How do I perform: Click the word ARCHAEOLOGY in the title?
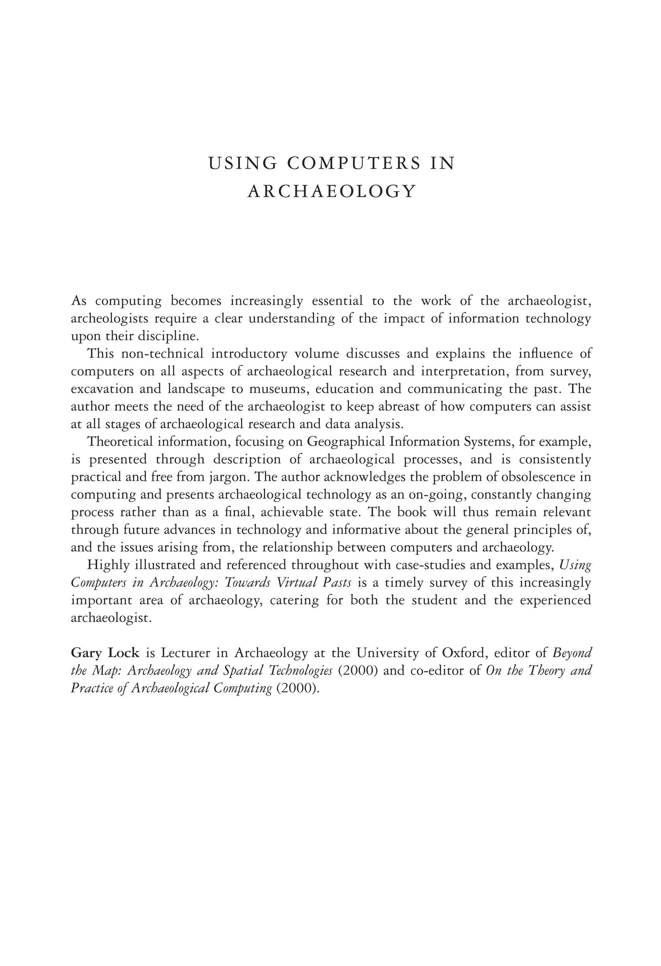(x=331, y=192)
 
